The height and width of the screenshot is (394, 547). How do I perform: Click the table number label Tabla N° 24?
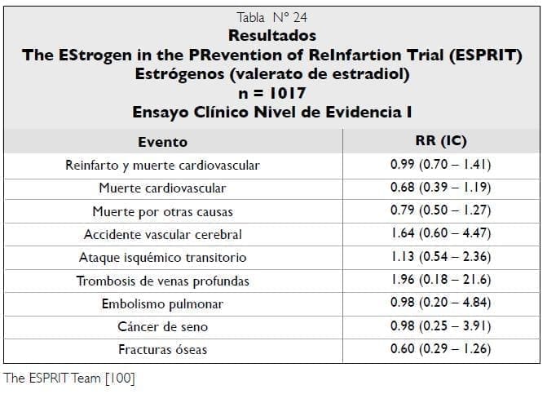(x=271, y=17)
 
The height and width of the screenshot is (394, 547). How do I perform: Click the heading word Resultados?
(x=271, y=36)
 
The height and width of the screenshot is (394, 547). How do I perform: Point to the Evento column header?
(x=162, y=141)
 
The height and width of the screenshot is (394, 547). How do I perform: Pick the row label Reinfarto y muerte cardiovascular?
(x=162, y=165)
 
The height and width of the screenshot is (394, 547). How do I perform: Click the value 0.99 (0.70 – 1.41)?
(x=441, y=165)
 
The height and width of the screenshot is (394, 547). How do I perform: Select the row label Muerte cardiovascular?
(x=162, y=188)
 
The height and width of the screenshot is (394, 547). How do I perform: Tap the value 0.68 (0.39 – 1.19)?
(x=441, y=188)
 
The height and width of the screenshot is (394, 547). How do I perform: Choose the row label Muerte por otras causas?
(x=162, y=211)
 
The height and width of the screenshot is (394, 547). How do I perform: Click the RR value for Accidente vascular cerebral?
(x=441, y=234)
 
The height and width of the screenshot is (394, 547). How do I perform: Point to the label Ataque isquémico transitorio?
(x=162, y=257)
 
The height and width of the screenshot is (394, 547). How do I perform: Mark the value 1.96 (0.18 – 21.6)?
(x=441, y=281)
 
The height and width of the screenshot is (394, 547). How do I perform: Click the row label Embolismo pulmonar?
(x=162, y=303)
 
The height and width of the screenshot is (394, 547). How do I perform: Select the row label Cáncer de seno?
(x=162, y=326)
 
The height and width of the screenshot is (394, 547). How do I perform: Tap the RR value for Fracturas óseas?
(x=441, y=349)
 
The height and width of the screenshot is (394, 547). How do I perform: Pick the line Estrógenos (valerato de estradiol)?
(x=271, y=73)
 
